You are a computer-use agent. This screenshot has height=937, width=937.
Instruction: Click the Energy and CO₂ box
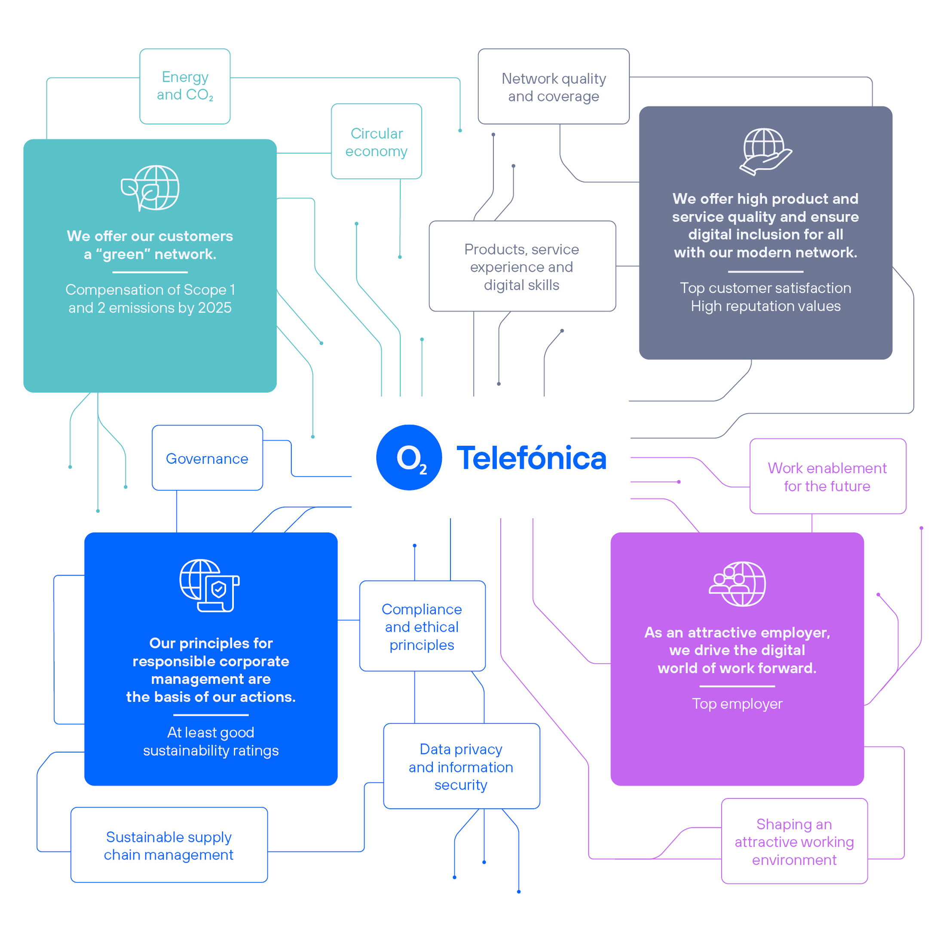(x=185, y=86)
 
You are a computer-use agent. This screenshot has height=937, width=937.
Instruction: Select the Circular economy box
(x=377, y=141)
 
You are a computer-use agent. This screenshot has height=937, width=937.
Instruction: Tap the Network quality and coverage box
(x=553, y=87)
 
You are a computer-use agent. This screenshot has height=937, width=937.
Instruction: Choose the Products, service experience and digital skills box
(x=522, y=266)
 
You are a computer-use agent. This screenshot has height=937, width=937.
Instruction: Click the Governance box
(x=207, y=458)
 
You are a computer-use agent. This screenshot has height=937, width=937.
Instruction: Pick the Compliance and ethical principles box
(x=422, y=626)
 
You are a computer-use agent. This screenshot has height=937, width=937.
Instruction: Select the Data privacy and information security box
(x=461, y=766)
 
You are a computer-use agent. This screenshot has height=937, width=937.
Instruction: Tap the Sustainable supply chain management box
(x=169, y=845)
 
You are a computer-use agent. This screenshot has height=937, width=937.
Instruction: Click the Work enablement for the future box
(x=827, y=476)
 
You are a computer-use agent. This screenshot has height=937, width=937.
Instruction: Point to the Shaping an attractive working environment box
(x=794, y=842)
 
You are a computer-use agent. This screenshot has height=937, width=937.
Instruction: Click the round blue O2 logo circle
(x=409, y=457)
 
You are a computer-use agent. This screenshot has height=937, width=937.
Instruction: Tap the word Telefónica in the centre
(x=532, y=458)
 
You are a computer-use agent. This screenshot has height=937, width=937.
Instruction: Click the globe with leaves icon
(x=150, y=188)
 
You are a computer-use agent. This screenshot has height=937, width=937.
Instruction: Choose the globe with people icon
(x=737, y=584)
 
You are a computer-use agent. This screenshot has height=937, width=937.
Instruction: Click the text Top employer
(x=737, y=704)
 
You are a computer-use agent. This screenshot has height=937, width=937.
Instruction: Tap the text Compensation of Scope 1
(x=150, y=290)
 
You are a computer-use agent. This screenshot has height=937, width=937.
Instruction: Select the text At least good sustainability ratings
(x=211, y=741)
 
